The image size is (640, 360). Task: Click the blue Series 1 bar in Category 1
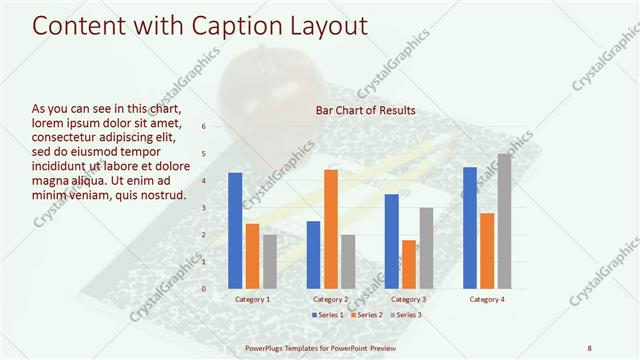[235, 231]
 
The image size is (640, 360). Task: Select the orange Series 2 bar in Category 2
[331, 229]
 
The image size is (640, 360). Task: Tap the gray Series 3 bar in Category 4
[504, 221]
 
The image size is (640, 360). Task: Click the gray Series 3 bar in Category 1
[270, 261]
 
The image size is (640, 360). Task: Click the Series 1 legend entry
[328, 315]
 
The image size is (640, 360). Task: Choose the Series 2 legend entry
[366, 315]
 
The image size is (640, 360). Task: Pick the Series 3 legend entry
[404, 315]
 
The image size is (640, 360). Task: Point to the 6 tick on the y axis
[203, 127]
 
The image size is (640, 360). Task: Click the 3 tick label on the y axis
[203, 208]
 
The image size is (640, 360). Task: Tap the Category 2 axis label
[331, 299]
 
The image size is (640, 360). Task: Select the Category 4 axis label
[487, 299]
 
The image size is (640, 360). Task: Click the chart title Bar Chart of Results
[365, 110]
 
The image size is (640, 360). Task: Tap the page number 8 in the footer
[589, 347]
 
